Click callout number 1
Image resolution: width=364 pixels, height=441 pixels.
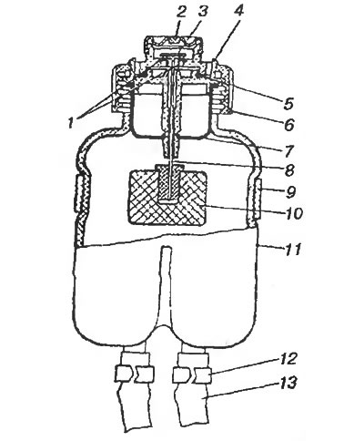tap(71, 123)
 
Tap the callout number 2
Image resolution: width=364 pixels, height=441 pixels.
tap(181, 12)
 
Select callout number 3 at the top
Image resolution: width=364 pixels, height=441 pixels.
tap(204, 12)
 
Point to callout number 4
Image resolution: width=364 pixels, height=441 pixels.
tap(238, 11)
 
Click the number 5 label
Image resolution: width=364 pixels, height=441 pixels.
tap(288, 104)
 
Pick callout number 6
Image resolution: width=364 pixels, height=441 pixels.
tap(289, 125)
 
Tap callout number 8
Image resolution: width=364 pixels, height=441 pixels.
tap(289, 170)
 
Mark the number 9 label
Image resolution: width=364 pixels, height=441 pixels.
tap(290, 192)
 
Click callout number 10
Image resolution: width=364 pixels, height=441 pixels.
tap(294, 213)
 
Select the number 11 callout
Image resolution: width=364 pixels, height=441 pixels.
tap(291, 250)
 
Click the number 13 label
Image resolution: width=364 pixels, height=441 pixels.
tap(288, 384)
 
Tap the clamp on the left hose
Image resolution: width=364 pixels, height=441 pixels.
tap(135, 374)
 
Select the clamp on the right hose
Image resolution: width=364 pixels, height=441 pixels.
tap(192, 374)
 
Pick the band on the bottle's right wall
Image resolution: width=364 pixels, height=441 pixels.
tap(257, 199)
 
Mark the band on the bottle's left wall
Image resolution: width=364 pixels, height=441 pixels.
tap(78, 194)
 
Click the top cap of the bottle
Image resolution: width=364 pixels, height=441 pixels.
tap(173, 48)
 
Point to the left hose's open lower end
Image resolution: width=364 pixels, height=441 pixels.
tap(139, 429)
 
